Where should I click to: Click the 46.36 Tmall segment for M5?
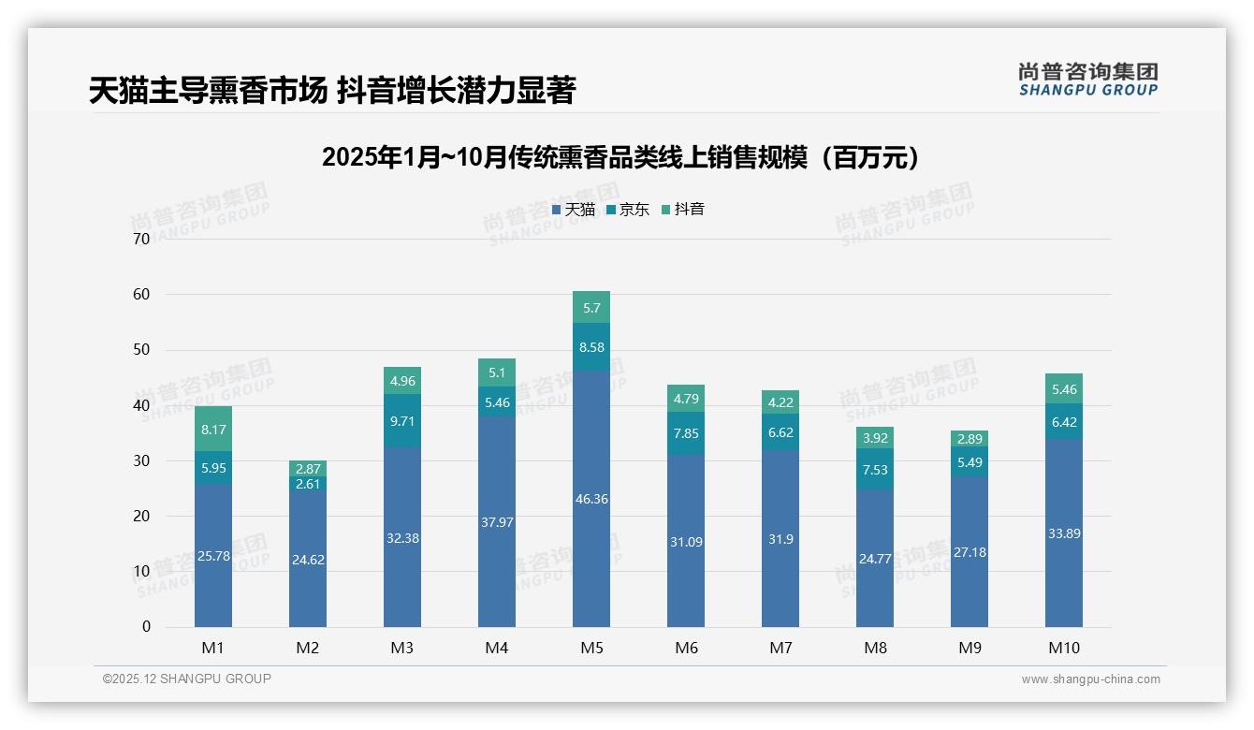pyautogui.click(x=591, y=499)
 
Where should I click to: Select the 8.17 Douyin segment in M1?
pyautogui.click(x=213, y=430)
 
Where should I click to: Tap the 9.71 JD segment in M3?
pyautogui.click(x=402, y=421)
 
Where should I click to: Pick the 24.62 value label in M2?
pyautogui.click(x=308, y=560)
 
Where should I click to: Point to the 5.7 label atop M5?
pyautogui.click(x=591, y=307)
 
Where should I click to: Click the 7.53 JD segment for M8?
pyautogui.click(x=874, y=470)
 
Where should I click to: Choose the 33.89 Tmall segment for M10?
pyautogui.click(x=1063, y=533)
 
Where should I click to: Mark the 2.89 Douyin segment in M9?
pyautogui.click(x=969, y=439)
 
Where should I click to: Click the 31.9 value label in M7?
pyautogui.click(x=780, y=539)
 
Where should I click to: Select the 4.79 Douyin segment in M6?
pyautogui.click(x=685, y=399)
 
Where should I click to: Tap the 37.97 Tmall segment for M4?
pyautogui.click(x=496, y=521)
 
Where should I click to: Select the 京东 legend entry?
pyautogui.click(x=628, y=210)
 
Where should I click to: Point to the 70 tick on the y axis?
pyautogui.click(x=141, y=239)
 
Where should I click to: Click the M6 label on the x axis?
pyautogui.click(x=685, y=648)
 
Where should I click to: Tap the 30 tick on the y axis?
pyautogui.click(x=141, y=460)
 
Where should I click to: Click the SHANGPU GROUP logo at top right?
pyautogui.click(x=1087, y=80)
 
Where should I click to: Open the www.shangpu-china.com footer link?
pyautogui.click(x=1090, y=679)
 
